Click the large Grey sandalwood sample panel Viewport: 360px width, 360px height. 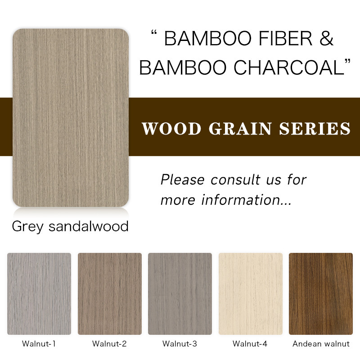pyautogui.click(x=71, y=117)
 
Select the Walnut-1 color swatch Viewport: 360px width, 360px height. pyautogui.click(x=39, y=294)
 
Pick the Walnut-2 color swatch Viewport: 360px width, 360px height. pyautogui.click(x=110, y=294)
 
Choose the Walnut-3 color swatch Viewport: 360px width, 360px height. pyautogui.click(x=180, y=294)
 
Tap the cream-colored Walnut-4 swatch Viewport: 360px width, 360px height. pyautogui.click(x=251, y=294)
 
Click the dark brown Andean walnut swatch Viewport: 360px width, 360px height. pyautogui.click(x=321, y=294)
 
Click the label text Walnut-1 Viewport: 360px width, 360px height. pyautogui.click(x=39, y=344)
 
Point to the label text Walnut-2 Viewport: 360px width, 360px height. pyautogui.click(x=109, y=344)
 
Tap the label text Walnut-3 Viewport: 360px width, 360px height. pyautogui.click(x=180, y=344)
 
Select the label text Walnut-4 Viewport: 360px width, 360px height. pyautogui.click(x=250, y=344)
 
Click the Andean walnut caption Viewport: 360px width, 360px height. pyautogui.click(x=321, y=344)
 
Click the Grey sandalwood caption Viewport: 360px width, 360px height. pyautogui.click(x=70, y=226)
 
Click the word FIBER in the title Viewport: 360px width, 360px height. pyautogui.click(x=286, y=38)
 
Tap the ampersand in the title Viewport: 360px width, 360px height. pyautogui.click(x=326, y=38)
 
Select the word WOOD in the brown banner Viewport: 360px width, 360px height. pyautogui.click(x=171, y=129)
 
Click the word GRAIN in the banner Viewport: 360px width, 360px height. pyautogui.click(x=240, y=129)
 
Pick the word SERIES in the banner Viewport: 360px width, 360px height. pyautogui.click(x=315, y=129)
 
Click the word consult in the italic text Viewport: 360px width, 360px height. pyautogui.click(x=236, y=180)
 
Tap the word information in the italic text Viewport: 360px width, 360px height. pyautogui.click(x=241, y=200)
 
